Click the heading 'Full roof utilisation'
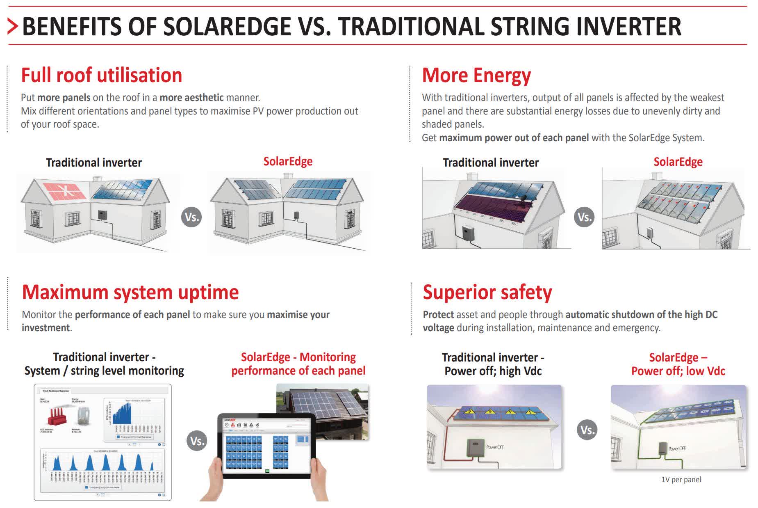(x=101, y=76)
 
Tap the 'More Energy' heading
(x=476, y=76)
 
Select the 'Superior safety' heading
(x=487, y=292)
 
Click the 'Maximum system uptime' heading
(x=130, y=292)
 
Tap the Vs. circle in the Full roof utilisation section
(x=191, y=217)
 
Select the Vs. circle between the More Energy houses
(x=584, y=217)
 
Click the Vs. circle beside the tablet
(x=197, y=441)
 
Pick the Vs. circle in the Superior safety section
(x=587, y=430)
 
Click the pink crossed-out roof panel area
(x=64, y=190)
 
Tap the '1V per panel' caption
(x=681, y=479)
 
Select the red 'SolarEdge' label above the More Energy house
(x=678, y=162)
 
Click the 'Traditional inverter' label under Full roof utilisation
(x=93, y=162)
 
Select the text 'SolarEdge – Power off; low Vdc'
(x=678, y=364)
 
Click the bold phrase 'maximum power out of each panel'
(x=514, y=138)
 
